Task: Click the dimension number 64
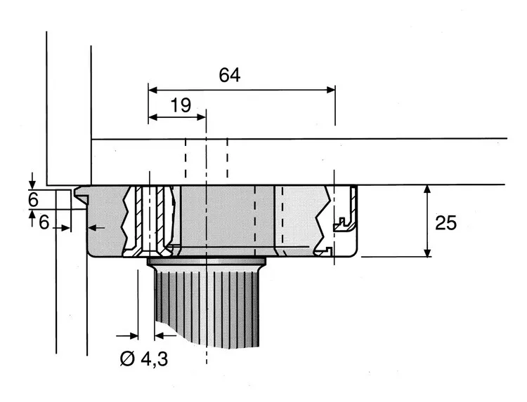pyautogui.click(x=230, y=75)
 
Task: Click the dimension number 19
pyautogui.click(x=181, y=105)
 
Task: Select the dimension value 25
pyautogui.click(x=446, y=223)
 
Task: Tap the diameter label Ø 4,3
pyautogui.click(x=144, y=359)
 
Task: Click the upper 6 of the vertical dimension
pyautogui.click(x=33, y=201)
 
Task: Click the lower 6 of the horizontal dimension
pyautogui.click(x=44, y=222)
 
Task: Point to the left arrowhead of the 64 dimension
pyautogui.click(x=153, y=90)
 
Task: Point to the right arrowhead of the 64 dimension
pyautogui.click(x=331, y=90)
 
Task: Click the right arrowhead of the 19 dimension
pyautogui.click(x=201, y=117)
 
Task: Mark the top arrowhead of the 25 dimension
pyautogui.click(x=427, y=189)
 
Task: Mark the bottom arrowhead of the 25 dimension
pyautogui.click(x=427, y=253)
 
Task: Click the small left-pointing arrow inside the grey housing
pyautogui.click(x=96, y=228)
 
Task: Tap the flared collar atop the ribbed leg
pyautogui.click(x=207, y=261)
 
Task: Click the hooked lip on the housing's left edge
pyautogui.click(x=81, y=194)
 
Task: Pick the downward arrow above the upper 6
pyautogui.click(x=32, y=180)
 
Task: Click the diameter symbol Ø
pyautogui.click(x=127, y=359)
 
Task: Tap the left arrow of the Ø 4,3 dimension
pyautogui.click(x=127, y=335)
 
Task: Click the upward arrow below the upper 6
pyautogui.click(x=32, y=217)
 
